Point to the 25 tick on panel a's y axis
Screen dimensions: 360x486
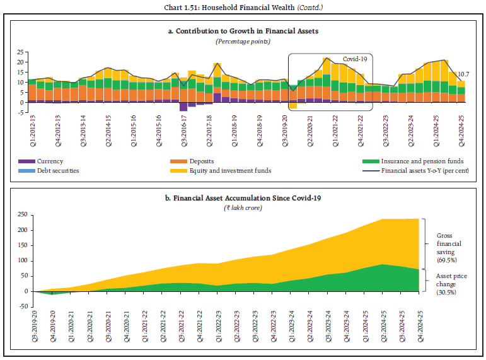pyautogui.click(x=20, y=52)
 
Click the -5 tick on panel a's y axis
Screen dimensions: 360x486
pyautogui.click(x=20, y=113)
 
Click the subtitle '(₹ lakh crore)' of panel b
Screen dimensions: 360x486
pyautogui.click(x=243, y=207)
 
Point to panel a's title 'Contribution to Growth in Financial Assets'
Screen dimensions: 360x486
pyautogui.click(x=243, y=32)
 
